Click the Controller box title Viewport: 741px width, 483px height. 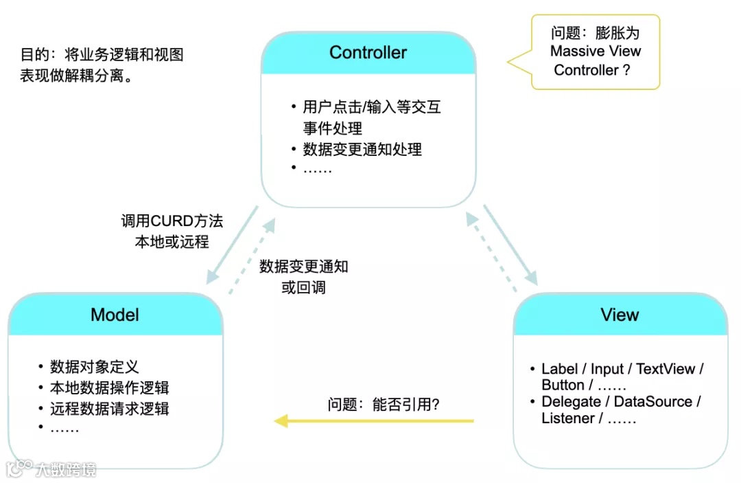[368, 52]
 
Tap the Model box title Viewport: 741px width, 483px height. [115, 315]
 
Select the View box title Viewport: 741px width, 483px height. [620, 315]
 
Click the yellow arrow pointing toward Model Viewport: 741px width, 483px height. [374, 420]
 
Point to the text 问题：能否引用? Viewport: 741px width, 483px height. [383, 405]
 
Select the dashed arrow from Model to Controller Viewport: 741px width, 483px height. [252, 256]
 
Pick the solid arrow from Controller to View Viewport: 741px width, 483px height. [510, 244]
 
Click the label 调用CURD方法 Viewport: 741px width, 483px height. [172, 221]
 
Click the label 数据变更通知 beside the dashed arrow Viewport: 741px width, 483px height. [303, 267]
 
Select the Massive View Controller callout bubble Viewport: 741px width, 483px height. [596, 52]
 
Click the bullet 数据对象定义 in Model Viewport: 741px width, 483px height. [94, 366]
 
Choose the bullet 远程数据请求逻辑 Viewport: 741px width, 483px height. [109, 409]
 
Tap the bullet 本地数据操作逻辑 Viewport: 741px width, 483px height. [109, 387]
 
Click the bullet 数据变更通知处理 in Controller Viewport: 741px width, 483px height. [362, 149]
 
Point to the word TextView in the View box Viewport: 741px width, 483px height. [666, 369]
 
